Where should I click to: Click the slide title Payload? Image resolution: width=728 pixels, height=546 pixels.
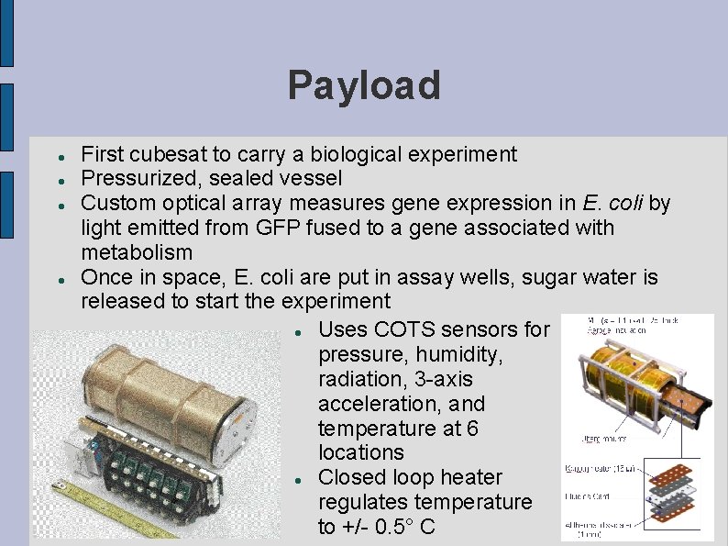click(x=364, y=86)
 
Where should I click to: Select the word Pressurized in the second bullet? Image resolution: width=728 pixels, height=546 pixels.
click(x=134, y=178)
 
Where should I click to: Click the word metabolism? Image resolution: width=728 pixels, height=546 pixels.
click(x=137, y=252)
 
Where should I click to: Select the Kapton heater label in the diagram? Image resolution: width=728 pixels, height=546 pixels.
click(x=591, y=470)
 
